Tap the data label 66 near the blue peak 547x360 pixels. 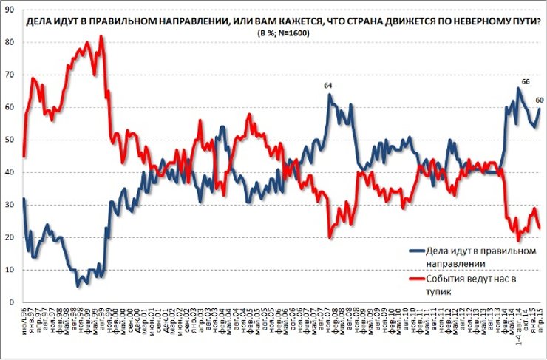point(526,81)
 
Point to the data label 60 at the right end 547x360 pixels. point(540,100)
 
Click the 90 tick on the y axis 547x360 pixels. point(10,10)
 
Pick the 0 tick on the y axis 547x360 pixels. point(13,302)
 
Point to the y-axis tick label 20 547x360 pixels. point(10,237)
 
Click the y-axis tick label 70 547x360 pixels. point(10,75)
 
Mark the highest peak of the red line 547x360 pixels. point(101,36)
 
